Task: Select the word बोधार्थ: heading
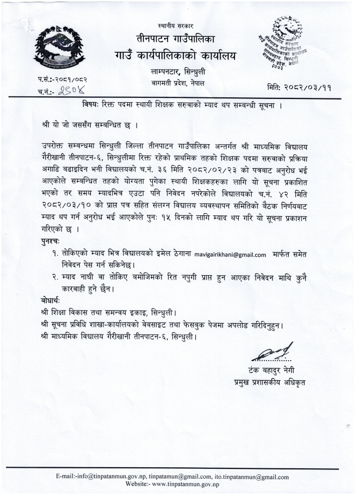53,300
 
